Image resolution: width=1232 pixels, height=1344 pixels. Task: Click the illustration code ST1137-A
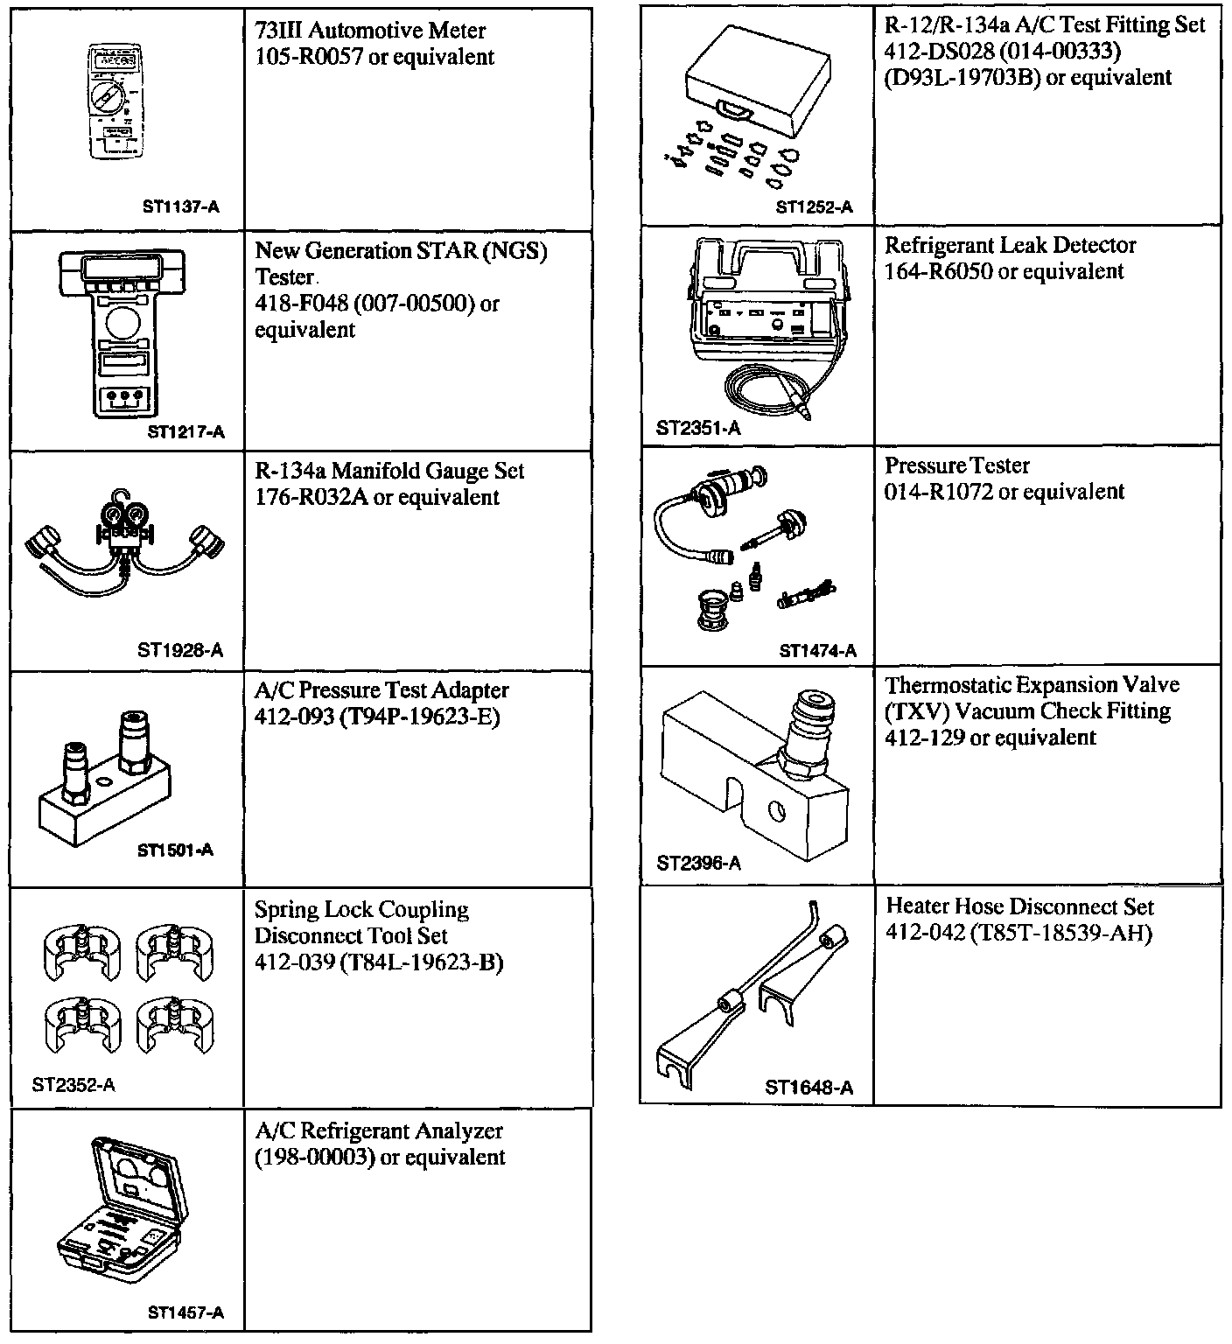tap(180, 207)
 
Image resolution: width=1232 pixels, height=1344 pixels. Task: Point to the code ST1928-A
tap(180, 650)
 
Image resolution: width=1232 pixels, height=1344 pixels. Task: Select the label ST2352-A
tap(73, 1086)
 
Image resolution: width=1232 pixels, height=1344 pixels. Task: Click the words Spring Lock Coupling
tap(361, 910)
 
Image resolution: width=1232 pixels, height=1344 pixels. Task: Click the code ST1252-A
tap(814, 207)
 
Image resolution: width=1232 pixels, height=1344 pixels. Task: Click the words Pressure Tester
tap(957, 465)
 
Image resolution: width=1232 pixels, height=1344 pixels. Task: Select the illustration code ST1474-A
tap(817, 651)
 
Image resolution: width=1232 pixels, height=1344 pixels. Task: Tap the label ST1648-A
tap(808, 1088)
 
